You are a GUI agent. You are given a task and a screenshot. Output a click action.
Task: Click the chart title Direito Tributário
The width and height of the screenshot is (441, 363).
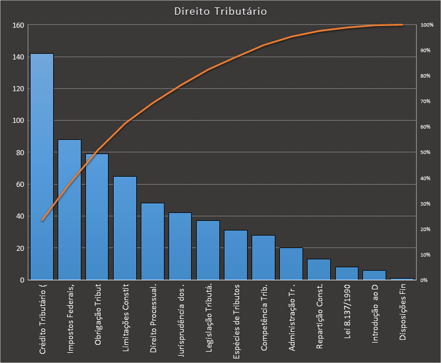(220, 11)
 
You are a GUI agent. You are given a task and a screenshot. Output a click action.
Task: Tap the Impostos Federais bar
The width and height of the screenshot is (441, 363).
(70, 210)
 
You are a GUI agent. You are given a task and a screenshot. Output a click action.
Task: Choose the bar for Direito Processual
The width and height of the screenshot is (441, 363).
(153, 241)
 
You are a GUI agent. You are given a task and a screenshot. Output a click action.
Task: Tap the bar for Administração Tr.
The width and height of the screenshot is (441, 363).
(291, 264)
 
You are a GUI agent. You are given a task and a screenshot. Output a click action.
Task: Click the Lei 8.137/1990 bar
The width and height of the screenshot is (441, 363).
(347, 274)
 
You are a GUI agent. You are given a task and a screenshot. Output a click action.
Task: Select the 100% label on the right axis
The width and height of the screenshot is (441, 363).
(427, 25)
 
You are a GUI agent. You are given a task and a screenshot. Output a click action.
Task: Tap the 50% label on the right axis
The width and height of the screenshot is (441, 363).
(426, 153)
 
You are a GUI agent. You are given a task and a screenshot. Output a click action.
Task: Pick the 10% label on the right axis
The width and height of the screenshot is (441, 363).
(426, 255)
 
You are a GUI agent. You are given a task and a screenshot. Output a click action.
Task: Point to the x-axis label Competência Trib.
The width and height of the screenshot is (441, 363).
(264, 318)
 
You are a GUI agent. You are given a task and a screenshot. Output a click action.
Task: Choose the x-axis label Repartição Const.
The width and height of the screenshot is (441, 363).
(319, 318)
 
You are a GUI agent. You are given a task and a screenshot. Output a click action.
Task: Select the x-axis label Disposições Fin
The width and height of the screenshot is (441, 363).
(403, 320)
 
